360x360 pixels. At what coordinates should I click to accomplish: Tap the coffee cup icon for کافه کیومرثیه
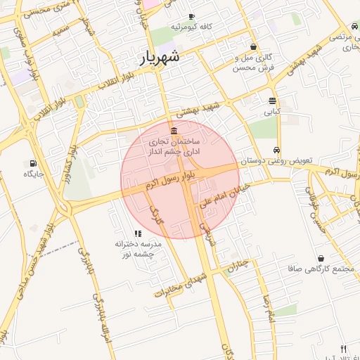[x=191, y=17]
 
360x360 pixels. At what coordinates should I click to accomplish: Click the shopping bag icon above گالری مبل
[x=253, y=47]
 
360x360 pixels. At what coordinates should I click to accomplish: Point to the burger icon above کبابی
[x=272, y=101]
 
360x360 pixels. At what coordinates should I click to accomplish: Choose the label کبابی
[x=272, y=112]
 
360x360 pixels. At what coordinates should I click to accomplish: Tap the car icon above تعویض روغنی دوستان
[x=277, y=150]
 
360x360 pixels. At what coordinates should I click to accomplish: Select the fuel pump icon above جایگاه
[x=33, y=163]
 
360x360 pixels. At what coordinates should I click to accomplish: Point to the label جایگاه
[x=34, y=174]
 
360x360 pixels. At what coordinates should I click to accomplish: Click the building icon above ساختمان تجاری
[x=174, y=130]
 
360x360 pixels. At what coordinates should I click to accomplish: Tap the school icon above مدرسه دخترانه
[x=138, y=233]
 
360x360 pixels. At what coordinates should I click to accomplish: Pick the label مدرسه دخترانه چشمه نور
[x=139, y=248]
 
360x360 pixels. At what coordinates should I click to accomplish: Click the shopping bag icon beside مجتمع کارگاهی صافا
[x=321, y=258]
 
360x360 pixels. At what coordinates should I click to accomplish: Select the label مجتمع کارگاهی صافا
[x=314, y=269]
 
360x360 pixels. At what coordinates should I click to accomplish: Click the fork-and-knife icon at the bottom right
[x=343, y=349]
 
